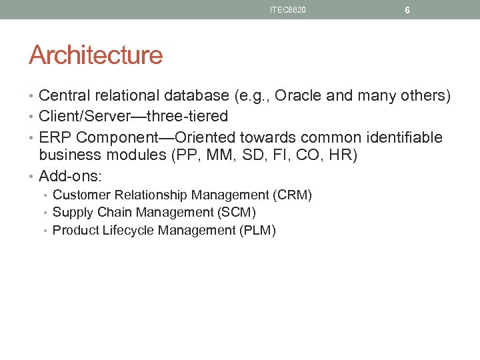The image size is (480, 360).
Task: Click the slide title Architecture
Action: (x=95, y=55)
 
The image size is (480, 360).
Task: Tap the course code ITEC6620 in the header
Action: (x=288, y=10)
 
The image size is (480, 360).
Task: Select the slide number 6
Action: (x=407, y=11)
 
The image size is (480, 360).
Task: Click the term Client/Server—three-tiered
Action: (x=133, y=117)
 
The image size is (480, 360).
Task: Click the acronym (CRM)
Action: (x=292, y=195)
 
